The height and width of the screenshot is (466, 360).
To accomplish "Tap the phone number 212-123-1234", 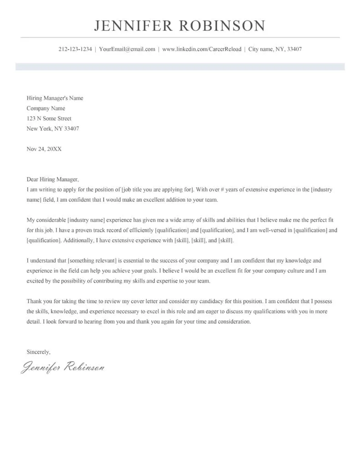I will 75,49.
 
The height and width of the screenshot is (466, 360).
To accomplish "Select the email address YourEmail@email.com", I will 127,49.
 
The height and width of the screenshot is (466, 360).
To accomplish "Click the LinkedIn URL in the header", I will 202,49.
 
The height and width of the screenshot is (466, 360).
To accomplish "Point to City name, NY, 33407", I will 274,49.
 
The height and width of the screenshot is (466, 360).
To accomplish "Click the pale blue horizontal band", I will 180,67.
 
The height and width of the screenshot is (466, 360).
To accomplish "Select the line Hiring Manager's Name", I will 55,98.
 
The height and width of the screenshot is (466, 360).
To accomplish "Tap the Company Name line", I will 46,108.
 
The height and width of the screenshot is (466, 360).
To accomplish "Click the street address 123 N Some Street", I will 49,118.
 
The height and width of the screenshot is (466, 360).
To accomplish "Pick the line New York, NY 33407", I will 52,128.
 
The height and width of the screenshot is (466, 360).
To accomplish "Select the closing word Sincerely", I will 38,352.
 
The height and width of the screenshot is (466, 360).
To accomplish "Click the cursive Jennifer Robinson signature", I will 63,366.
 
